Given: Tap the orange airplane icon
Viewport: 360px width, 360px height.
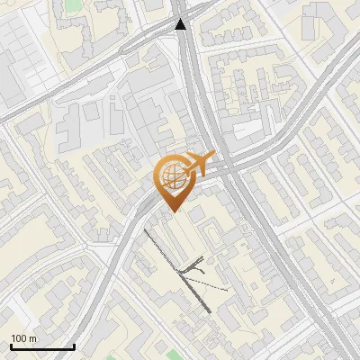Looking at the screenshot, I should (201, 163).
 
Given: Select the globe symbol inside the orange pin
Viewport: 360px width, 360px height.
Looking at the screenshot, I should (171, 175).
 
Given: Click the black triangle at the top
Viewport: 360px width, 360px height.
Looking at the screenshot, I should (181, 24).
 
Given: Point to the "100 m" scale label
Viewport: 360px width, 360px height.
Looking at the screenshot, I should (24, 338).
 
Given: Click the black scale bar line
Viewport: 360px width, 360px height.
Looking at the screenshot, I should (42, 346).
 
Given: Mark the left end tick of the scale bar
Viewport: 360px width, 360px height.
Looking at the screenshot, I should (11, 345).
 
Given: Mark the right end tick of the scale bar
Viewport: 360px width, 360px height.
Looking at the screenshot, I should (74, 345).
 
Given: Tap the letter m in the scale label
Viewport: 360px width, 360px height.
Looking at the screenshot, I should (34, 338).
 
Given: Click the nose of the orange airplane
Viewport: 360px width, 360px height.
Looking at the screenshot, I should (212, 156).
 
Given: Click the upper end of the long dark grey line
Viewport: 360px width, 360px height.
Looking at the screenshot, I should (146, 230).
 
